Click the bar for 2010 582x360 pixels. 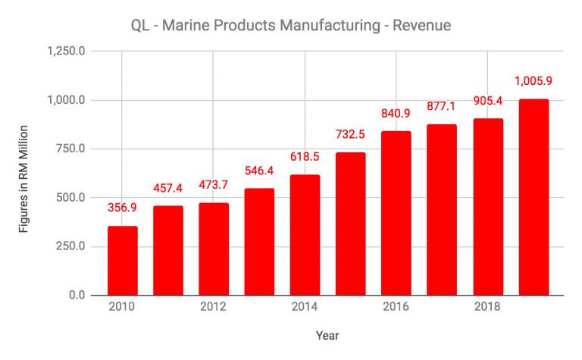pyautogui.click(x=122, y=261)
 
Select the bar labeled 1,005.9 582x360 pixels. pyautogui.click(x=533, y=197)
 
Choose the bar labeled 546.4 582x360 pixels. pyautogui.click(x=259, y=242)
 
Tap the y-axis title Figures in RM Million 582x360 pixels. pyautogui.click(x=23, y=174)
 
